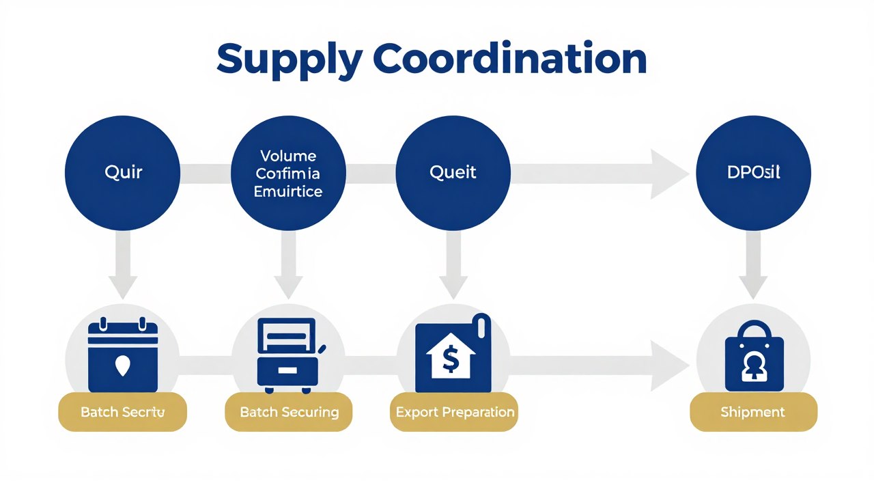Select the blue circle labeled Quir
(x=123, y=171)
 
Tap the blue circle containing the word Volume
(x=288, y=171)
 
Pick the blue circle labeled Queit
(x=453, y=171)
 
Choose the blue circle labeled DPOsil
(x=753, y=171)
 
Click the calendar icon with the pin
(x=123, y=355)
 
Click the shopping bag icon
(x=754, y=355)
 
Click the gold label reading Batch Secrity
(x=123, y=412)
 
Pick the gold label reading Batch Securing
(x=289, y=412)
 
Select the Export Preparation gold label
(x=454, y=412)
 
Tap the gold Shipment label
(x=753, y=412)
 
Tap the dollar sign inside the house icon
(x=450, y=360)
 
